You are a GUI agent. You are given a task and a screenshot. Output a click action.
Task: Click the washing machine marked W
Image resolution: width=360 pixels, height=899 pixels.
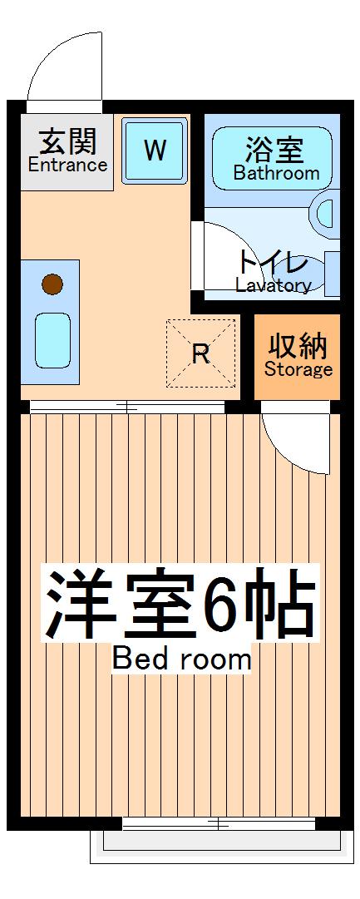[x=155, y=151]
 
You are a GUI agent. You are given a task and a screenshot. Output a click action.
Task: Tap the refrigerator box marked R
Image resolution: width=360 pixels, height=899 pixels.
[x=200, y=353]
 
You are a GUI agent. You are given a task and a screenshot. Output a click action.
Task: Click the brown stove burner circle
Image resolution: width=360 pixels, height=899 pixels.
[x=52, y=285]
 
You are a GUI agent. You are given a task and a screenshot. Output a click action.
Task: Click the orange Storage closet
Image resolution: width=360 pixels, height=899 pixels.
[x=298, y=357]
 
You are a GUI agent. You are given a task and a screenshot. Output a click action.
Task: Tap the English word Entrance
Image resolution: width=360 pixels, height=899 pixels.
[x=67, y=165]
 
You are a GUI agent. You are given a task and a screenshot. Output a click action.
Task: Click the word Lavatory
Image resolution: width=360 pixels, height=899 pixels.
[x=273, y=285]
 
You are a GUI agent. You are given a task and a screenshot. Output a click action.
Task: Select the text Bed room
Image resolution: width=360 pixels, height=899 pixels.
[x=181, y=659]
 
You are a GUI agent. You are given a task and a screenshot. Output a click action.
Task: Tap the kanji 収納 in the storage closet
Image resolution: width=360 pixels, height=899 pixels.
[x=298, y=344]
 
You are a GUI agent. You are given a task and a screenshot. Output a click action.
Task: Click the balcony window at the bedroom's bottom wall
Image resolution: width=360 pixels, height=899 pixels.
[x=219, y=823]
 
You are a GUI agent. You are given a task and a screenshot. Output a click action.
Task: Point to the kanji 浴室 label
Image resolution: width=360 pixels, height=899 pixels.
[x=274, y=151]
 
